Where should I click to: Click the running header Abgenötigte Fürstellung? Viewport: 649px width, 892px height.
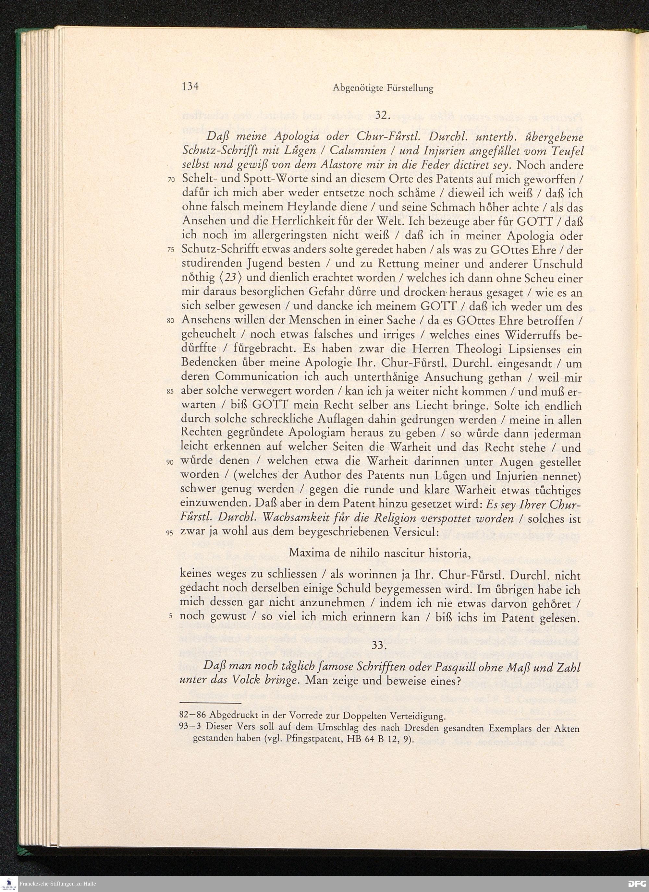point(383,89)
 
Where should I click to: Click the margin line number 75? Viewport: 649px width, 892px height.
point(170,251)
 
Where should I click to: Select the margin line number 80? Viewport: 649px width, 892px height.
point(170,321)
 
